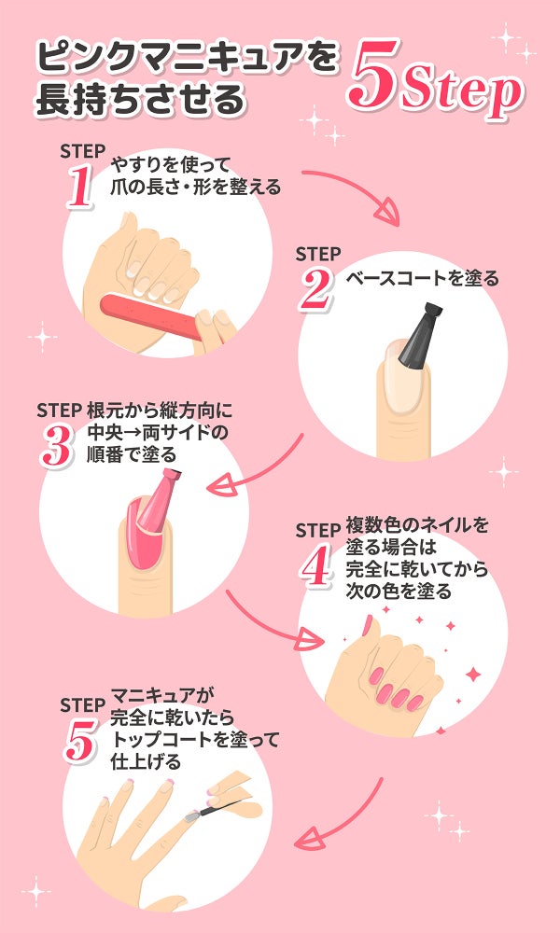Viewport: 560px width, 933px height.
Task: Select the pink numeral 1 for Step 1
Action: pos(80,188)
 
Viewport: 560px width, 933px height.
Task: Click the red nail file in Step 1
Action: pos(152,316)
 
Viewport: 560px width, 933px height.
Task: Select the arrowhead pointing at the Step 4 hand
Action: pos(311,641)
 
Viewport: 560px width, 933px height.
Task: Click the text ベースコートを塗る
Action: pos(422,278)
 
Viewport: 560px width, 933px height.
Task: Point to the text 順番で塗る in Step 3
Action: pos(133,455)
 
